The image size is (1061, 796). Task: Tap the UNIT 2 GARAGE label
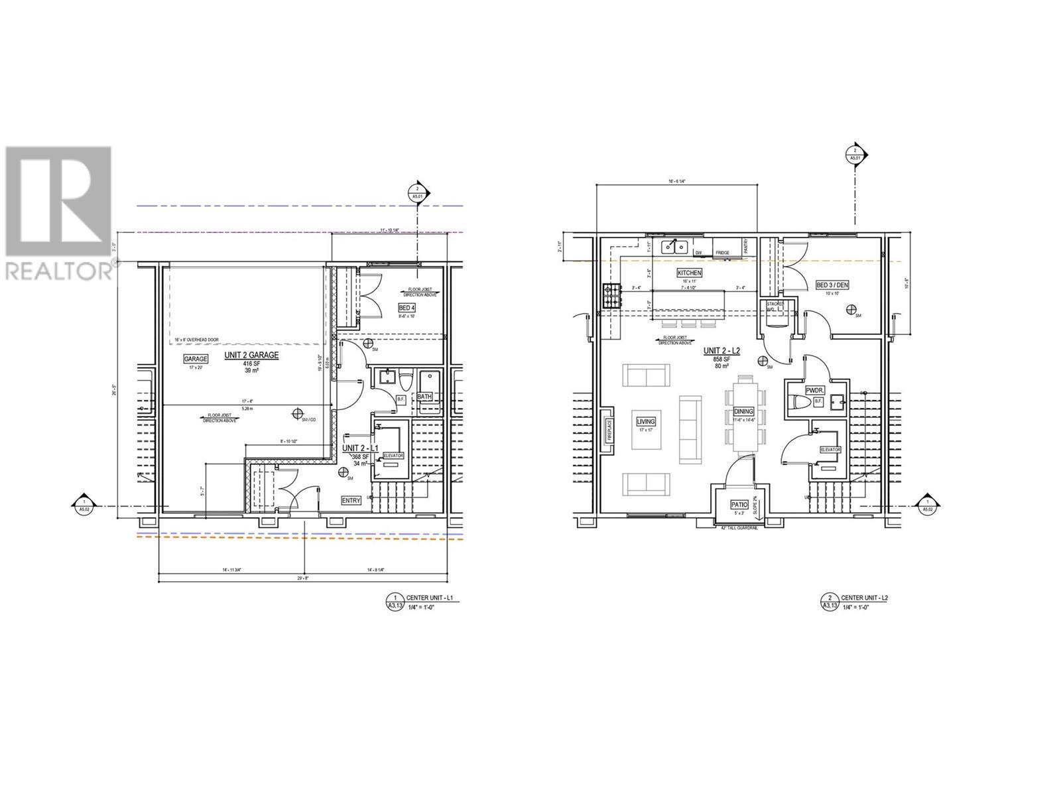click(251, 355)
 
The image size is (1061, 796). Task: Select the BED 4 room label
click(406, 308)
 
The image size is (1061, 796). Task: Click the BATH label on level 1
click(424, 397)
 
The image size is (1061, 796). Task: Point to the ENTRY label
click(351, 501)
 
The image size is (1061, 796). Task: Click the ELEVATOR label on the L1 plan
click(393, 456)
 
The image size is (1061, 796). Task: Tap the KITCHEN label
click(689, 273)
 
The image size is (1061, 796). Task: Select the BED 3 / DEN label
click(832, 285)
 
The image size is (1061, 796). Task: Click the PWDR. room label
click(814, 391)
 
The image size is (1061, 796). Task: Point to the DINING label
click(743, 412)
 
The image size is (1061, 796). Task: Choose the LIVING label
click(645, 421)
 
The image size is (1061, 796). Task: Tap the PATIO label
click(739, 504)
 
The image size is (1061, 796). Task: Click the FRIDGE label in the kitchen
click(723, 253)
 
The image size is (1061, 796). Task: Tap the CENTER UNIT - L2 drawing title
click(864, 598)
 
